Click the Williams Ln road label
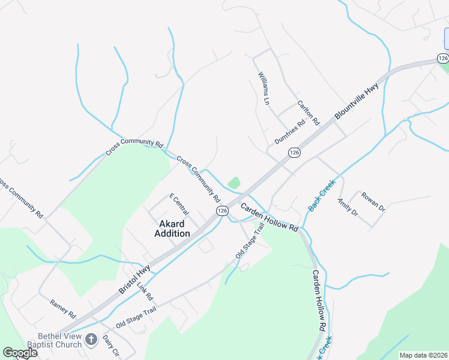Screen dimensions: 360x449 (x=264, y=89)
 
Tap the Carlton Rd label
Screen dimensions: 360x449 (x=308, y=113)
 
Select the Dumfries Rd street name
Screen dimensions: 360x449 (x=290, y=131)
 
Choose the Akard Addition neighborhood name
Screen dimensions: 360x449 (x=172, y=229)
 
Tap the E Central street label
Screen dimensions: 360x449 (x=179, y=204)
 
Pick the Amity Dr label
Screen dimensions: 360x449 (x=348, y=207)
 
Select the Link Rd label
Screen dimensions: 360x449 (x=145, y=291)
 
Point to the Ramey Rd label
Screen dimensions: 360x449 (x=63, y=309)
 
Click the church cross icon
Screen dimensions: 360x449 (x=91, y=340)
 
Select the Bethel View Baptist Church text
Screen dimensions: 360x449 (x=51, y=340)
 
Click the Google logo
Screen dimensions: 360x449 (x=20, y=353)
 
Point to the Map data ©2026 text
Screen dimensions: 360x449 (x=423, y=355)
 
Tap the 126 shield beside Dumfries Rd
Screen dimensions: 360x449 (x=294, y=153)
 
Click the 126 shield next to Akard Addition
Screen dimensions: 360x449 (x=222, y=211)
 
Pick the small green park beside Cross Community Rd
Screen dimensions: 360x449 (x=234, y=182)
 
